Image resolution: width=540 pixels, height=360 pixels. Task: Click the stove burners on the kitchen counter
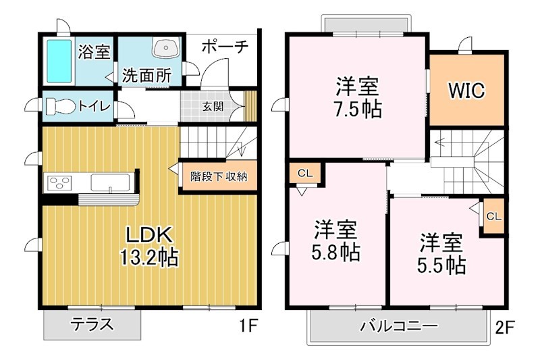tap(59, 183)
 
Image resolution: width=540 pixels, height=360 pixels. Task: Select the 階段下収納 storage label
tap(219, 177)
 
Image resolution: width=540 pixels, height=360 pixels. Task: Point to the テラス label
tap(92, 326)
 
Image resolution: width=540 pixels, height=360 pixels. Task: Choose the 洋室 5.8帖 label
tap(335, 240)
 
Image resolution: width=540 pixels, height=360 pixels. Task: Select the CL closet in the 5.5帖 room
tap(493, 217)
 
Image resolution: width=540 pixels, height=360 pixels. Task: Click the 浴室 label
tap(93, 52)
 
